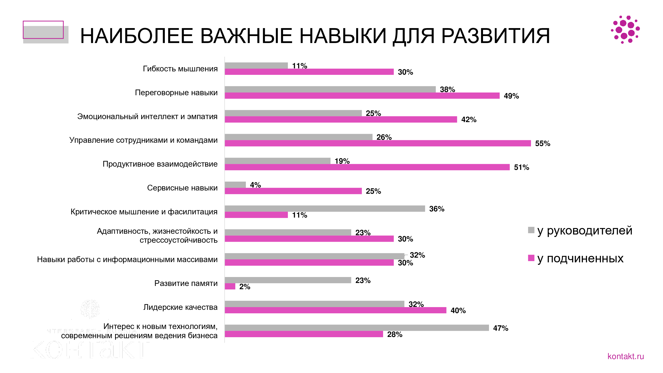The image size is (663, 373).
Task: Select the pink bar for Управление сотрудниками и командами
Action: [378, 143]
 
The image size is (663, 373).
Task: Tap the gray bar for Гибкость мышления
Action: [256, 65]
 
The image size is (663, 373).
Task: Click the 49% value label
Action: [511, 96]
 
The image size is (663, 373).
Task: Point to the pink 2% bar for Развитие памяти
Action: [230, 286]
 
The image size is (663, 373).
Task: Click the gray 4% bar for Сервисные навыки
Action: [235, 185]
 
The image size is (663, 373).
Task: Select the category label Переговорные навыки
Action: [176, 93]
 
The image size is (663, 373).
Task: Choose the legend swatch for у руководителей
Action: [531, 230]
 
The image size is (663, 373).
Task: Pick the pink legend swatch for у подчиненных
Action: [531, 258]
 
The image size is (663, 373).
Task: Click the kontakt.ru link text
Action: [625, 356]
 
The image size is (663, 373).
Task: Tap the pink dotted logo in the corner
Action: [625, 30]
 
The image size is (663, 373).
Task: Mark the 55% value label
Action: [542, 143]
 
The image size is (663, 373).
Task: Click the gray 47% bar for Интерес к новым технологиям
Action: [357, 328]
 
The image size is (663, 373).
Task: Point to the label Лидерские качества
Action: [180, 307]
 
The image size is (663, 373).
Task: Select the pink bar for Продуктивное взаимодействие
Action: [367, 167]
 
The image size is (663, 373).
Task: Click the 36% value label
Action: [437, 209]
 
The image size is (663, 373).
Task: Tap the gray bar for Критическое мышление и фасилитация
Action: [325, 209]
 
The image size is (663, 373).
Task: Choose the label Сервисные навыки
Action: [182, 188]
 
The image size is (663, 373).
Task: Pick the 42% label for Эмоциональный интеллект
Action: [469, 120]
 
